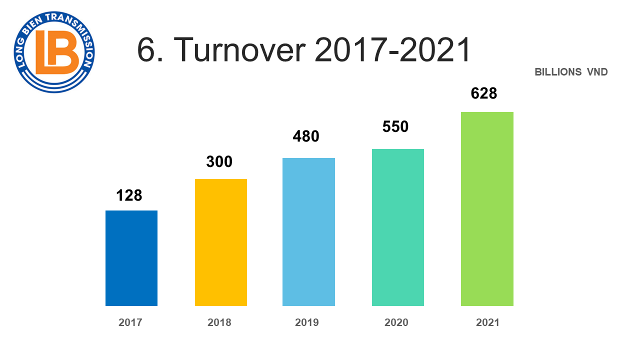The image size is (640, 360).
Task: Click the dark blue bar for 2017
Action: pyautogui.click(x=131, y=258)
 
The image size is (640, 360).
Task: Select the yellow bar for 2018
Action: pyautogui.click(x=220, y=242)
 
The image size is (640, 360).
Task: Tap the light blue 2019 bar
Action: pyautogui.click(x=308, y=231)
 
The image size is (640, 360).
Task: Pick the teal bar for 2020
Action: pyautogui.click(x=397, y=227)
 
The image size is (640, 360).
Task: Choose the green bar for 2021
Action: pyautogui.click(x=487, y=208)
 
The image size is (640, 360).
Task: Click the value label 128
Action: pyautogui.click(x=129, y=195)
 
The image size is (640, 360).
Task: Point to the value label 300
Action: pyautogui.click(x=219, y=162)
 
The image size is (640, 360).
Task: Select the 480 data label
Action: pyautogui.click(x=306, y=136)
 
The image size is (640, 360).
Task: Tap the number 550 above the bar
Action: pyautogui.click(x=395, y=126)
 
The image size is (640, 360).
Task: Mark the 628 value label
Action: pyautogui.click(x=484, y=93)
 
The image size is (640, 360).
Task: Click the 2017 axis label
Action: pyautogui.click(x=130, y=322)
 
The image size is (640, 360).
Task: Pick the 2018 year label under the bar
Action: pyautogui.click(x=219, y=322)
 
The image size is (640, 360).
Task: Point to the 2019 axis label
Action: pyautogui.click(x=307, y=322)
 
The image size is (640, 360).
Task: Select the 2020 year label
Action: pyautogui.click(x=396, y=322)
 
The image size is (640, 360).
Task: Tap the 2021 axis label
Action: pyautogui.click(x=487, y=322)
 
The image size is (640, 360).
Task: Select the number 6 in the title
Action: pyautogui.click(x=145, y=50)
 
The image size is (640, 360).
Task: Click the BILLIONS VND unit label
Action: pyautogui.click(x=571, y=72)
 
